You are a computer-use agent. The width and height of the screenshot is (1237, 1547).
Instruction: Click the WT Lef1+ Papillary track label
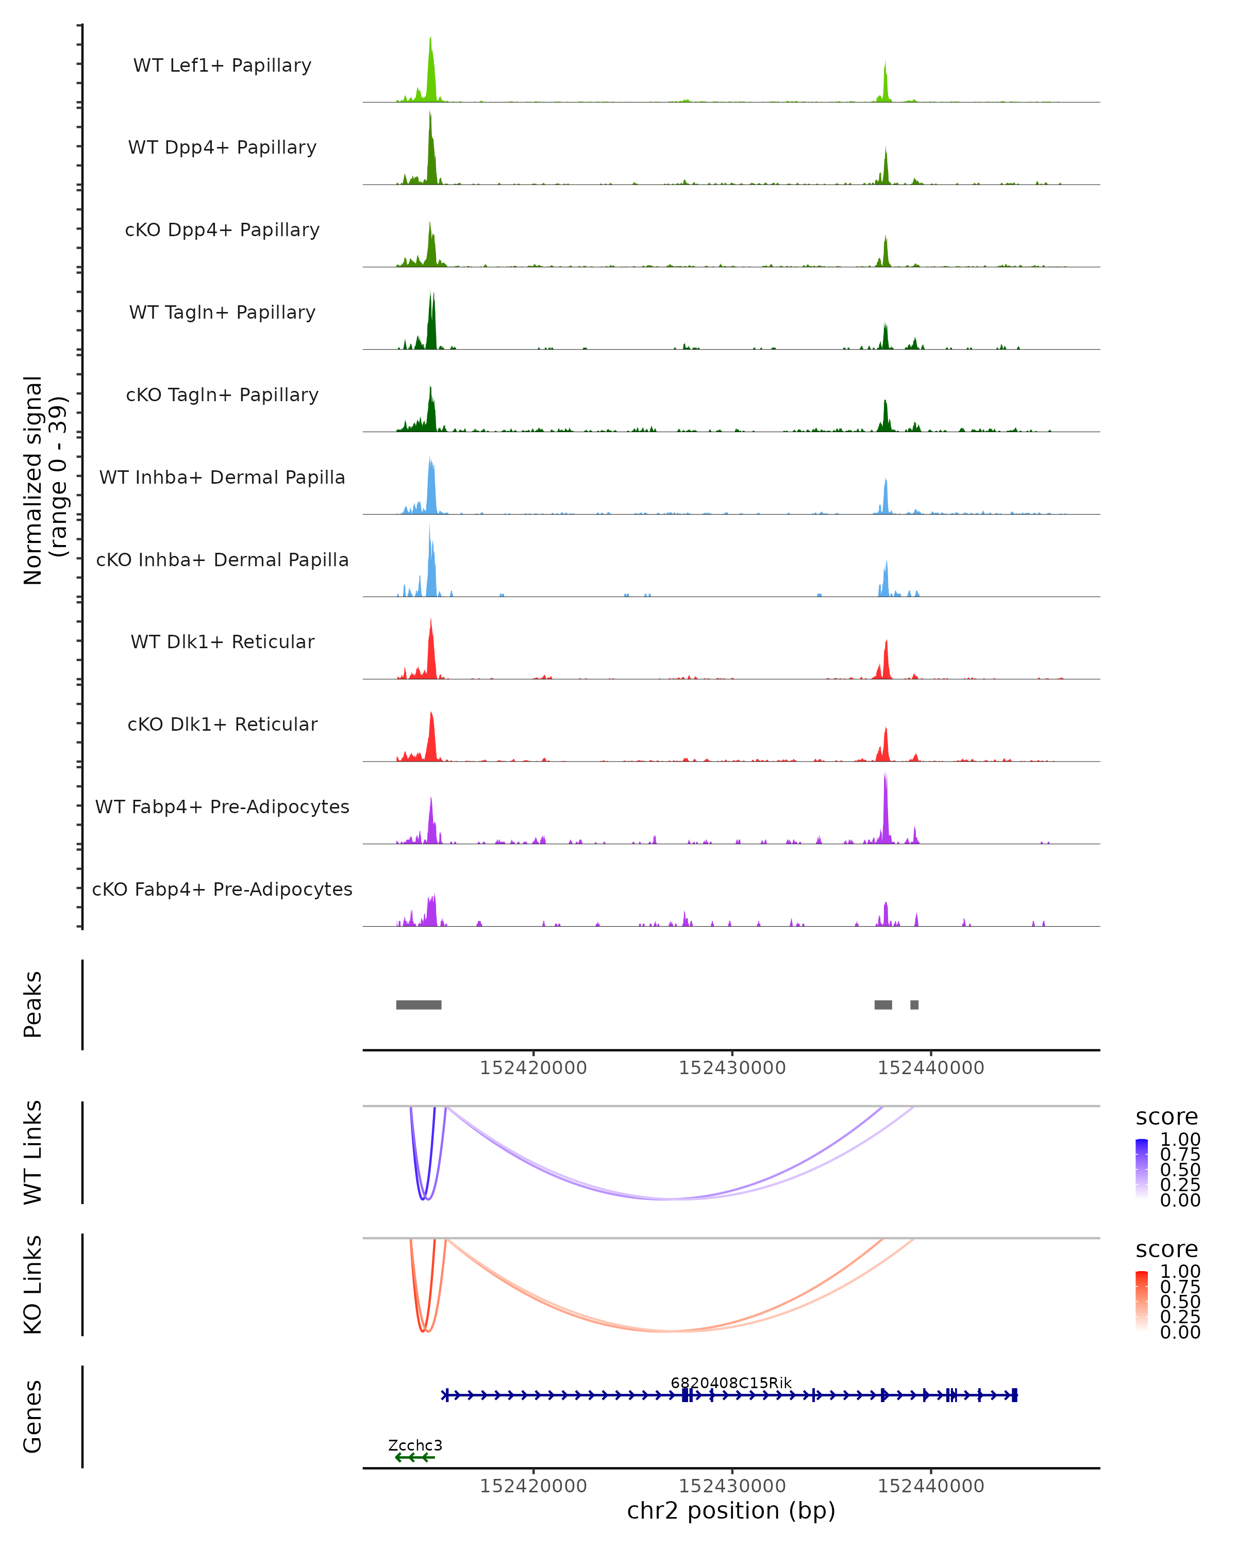222,65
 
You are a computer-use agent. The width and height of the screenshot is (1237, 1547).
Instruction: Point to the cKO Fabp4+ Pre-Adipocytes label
222,889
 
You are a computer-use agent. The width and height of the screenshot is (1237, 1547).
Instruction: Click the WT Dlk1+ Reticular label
222,642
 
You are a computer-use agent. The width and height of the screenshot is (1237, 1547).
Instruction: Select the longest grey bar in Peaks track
419,1005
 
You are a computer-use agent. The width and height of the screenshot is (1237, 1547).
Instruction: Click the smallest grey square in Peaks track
914,1005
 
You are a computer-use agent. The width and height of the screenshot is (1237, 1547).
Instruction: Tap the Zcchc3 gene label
415,1445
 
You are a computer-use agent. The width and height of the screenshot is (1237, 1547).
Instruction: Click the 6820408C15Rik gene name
731,1383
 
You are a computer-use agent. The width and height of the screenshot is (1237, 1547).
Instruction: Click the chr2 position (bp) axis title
731,1510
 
